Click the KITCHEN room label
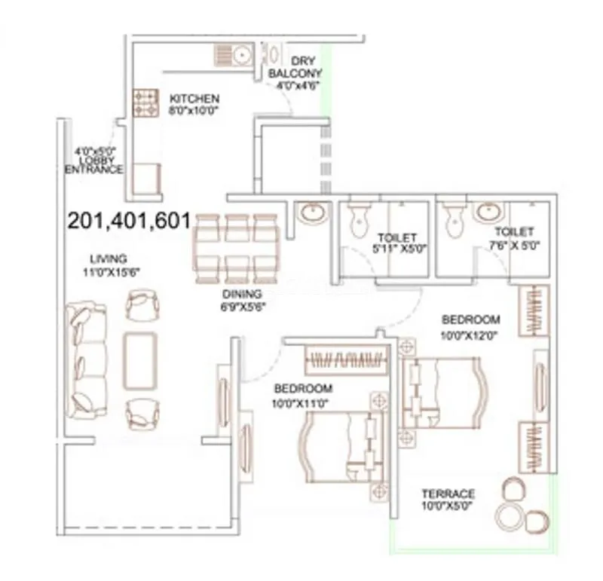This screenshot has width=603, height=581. [x=194, y=99]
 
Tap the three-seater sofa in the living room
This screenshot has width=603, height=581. [x=84, y=359]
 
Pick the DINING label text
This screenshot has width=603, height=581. [x=241, y=294]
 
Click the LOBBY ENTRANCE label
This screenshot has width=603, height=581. [x=93, y=164]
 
